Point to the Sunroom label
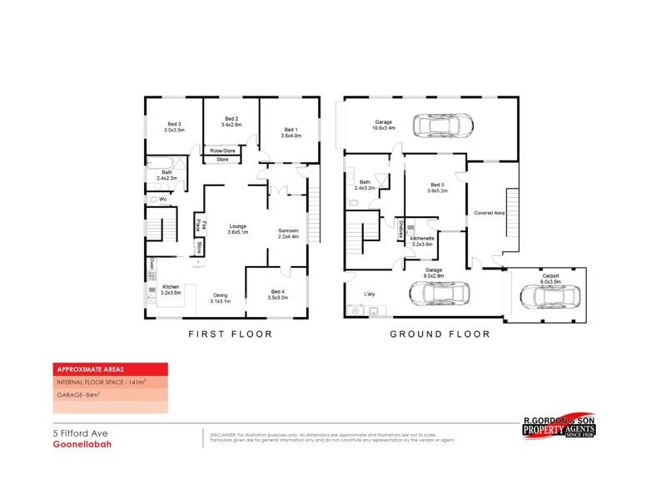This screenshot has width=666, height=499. [288, 234]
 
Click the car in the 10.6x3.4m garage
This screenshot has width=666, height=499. [445, 126]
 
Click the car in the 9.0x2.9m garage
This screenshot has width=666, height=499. [439, 294]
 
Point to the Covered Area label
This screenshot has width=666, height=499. [490, 213]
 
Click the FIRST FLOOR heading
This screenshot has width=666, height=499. [230, 334]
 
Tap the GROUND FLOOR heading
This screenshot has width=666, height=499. [440, 334]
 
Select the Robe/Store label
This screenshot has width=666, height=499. [222, 151]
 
